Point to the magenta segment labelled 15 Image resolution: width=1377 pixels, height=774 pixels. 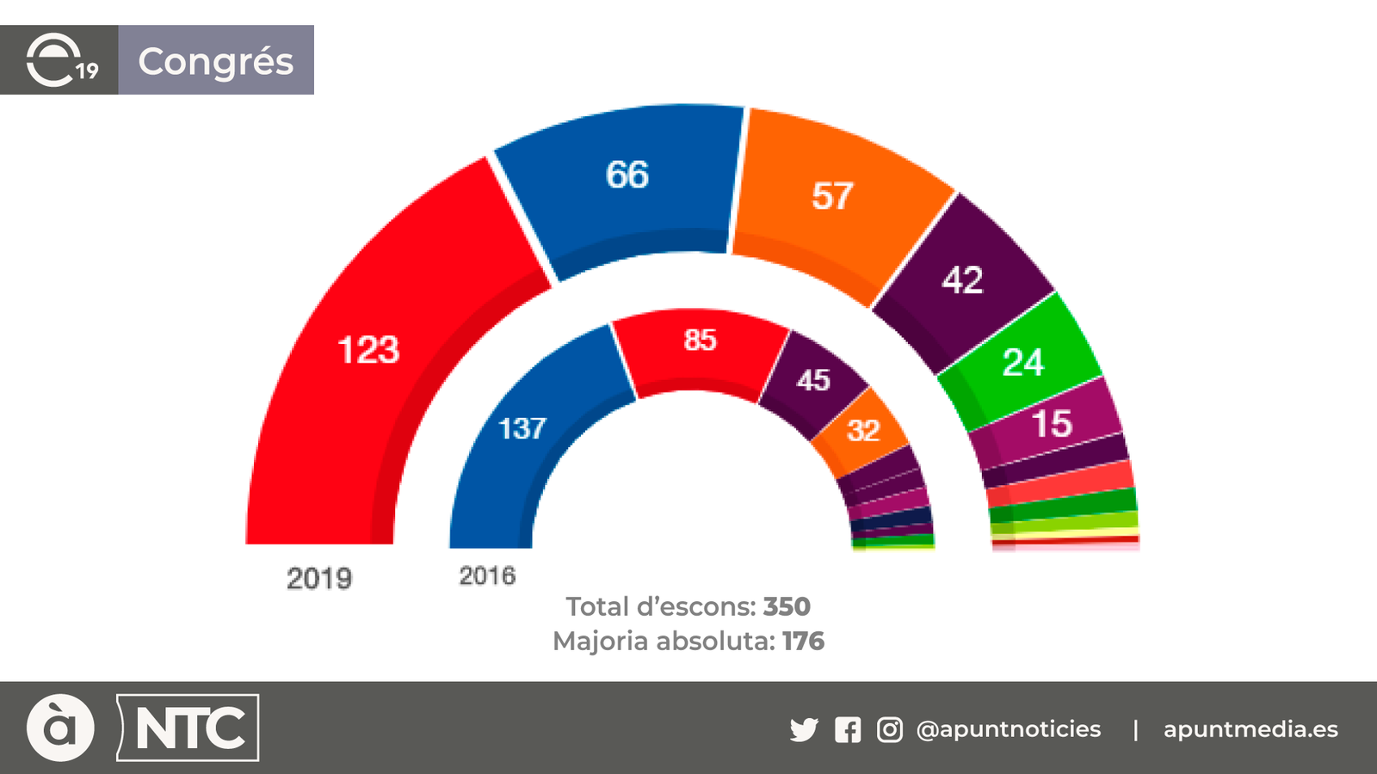(x=1051, y=424)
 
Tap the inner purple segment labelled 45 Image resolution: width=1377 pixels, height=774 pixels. (x=812, y=380)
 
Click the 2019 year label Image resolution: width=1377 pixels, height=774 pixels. (x=319, y=578)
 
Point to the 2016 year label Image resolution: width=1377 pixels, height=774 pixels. (x=487, y=575)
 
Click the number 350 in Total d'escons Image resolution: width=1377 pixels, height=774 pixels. (x=787, y=606)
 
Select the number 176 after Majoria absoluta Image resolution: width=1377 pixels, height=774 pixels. (x=803, y=641)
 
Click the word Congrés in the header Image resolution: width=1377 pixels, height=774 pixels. (x=216, y=61)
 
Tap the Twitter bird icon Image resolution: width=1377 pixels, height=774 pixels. (x=804, y=730)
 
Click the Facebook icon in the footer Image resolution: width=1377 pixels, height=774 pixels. (x=848, y=730)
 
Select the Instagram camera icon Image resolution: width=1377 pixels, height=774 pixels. (x=890, y=730)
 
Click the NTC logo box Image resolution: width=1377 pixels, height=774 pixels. (x=188, y=728)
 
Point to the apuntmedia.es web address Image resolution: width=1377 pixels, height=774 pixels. (x=1250, y=729)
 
